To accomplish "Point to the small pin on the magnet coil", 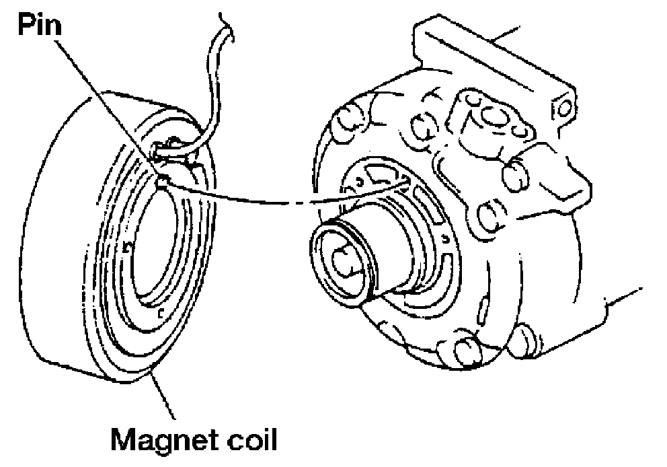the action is (x=161, y=180).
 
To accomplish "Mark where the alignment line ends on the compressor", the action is (x=407, y=180).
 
